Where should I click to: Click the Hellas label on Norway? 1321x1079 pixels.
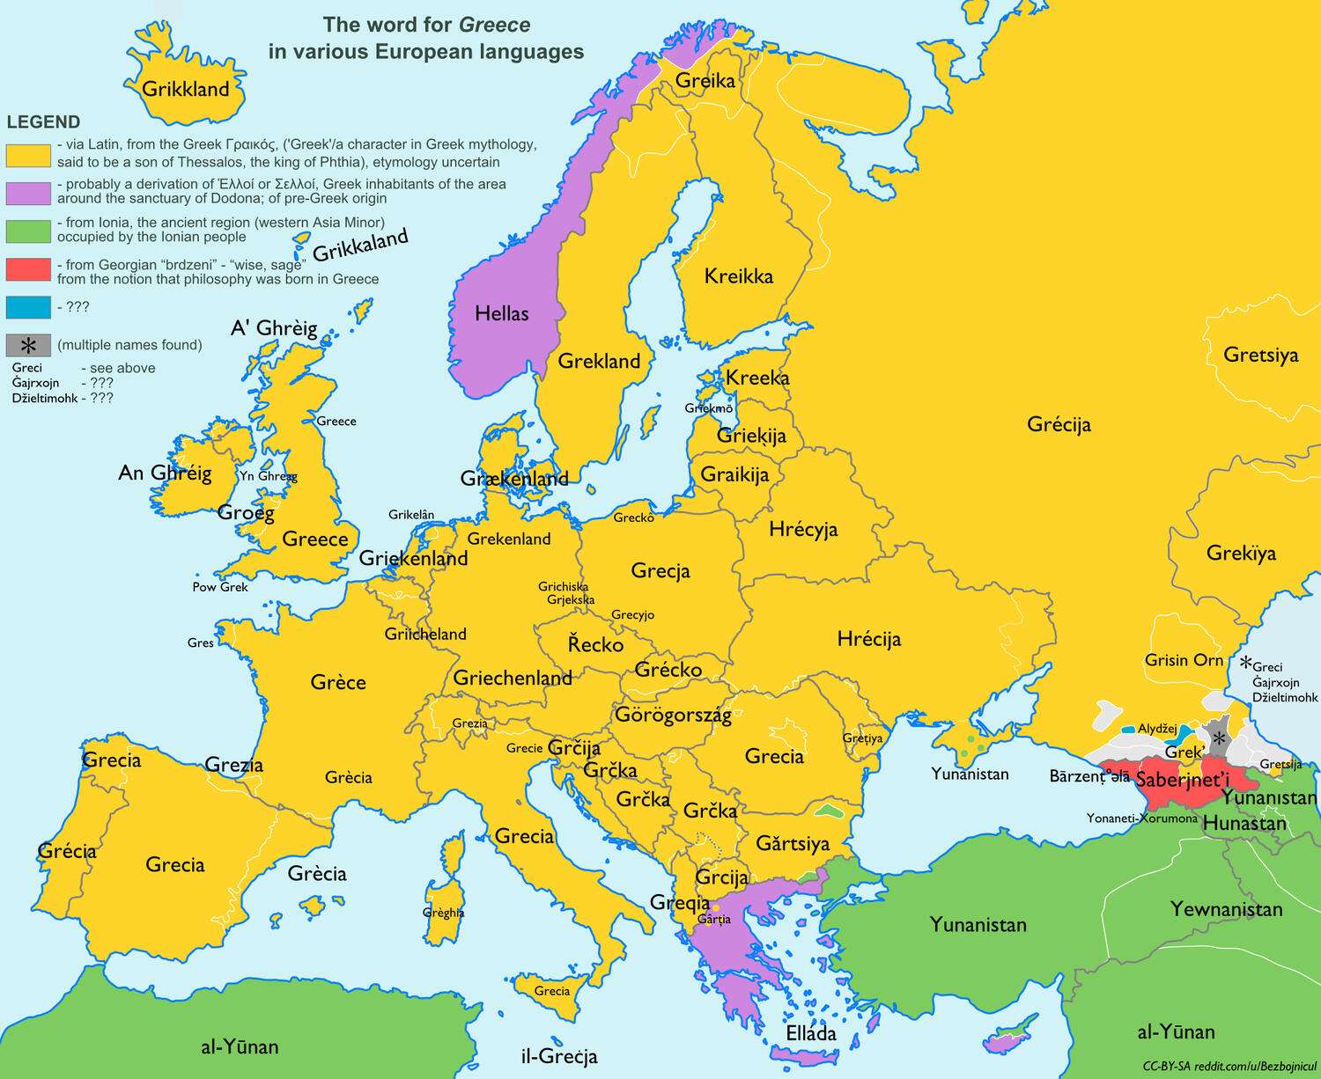point(501,313)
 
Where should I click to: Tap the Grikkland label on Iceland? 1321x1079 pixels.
point(185,89)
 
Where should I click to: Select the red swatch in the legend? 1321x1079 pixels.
point(28,269)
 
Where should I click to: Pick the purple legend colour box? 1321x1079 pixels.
point(28,192)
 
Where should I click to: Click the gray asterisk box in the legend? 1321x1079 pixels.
point(28,345)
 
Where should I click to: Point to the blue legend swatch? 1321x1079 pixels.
point(28,307)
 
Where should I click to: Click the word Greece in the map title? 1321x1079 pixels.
point(494,25)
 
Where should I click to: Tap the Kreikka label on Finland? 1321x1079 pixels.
point(738,276)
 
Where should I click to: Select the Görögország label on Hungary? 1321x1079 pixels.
point(673,715)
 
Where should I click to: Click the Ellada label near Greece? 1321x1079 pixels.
point(810,1033)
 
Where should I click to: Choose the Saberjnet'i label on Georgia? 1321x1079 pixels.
point(1182,780)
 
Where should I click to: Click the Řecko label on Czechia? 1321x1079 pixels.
point(595,644)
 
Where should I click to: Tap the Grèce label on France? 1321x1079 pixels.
point(338,682)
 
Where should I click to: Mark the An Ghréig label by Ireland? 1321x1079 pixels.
point(165,473)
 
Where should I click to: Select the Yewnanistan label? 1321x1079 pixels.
point(1226,909)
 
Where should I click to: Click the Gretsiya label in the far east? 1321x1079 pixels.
point(1260,356)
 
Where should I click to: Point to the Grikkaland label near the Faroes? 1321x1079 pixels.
point(361,246)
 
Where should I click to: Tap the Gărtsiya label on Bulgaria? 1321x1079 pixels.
point(793,844)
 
